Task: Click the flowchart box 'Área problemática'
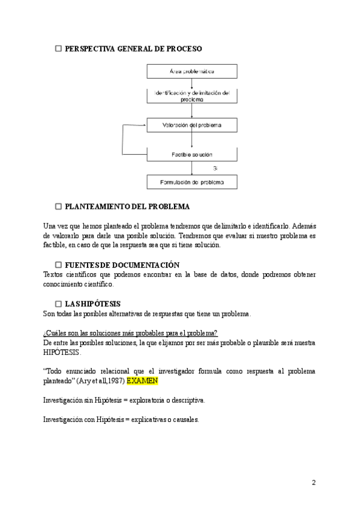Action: pos(192,71)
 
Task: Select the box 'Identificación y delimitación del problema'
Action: pos(192,97)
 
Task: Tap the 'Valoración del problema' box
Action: pos(192,125)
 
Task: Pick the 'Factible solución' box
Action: pos(192,154)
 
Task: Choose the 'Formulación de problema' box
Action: pos(192,181)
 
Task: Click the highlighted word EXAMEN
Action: pos(143,381)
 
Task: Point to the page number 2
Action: pos(313,483)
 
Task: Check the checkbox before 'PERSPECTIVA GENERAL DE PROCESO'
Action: pos(59,48)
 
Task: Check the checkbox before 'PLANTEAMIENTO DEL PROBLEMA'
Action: pos(59,206)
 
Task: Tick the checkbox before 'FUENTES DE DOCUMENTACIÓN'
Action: pos(59,265)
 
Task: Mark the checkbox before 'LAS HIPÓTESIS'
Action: pos(59,304)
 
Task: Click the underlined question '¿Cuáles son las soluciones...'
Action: pos(131,333)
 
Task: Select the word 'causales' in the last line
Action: pos(184,420)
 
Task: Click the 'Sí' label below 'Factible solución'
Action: pos(215,168)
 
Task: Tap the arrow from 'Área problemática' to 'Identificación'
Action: pos(192,84)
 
